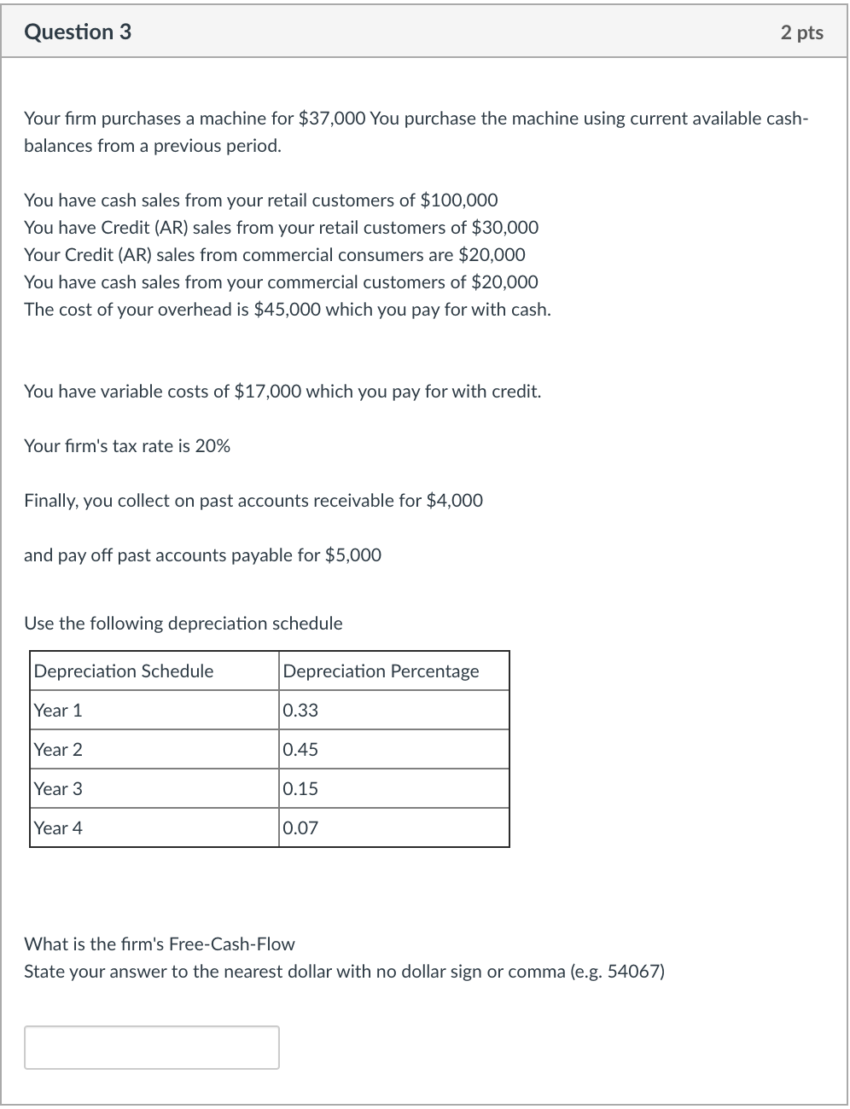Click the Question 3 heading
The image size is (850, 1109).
[78, 32]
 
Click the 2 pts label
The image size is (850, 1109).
[801, 32]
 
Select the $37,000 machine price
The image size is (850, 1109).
[332, 119]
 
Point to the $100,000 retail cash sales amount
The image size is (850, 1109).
[459, 200]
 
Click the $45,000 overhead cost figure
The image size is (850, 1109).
[288, 310]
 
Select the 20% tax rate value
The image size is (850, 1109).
[212, 446]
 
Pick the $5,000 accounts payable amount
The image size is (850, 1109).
[353, 555]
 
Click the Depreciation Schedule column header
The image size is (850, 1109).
[124, 671]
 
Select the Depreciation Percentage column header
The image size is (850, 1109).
[381, 671]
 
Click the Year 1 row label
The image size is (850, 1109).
[58, 711]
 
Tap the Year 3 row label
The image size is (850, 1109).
[58, 789]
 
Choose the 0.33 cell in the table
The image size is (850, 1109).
[300, 711]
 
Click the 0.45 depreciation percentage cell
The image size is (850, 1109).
[300, 750]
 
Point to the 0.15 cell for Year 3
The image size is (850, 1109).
[300, 789]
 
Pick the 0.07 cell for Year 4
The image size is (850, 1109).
[300, 828]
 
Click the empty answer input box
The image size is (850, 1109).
[152, 1048]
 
